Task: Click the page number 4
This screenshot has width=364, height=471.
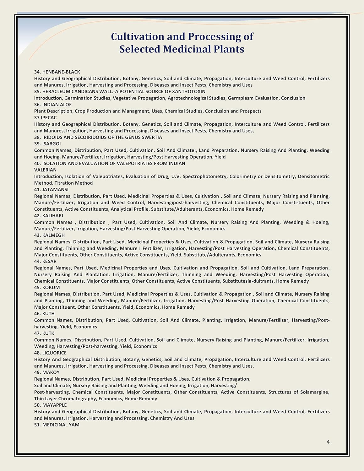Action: click(328, 442)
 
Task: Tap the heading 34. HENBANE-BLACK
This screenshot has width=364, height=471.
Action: click(57, 72)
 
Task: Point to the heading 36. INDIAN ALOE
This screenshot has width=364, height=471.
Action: click(53, 105)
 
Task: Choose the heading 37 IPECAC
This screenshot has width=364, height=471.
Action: click(46, 118)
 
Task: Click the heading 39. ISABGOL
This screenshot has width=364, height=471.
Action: click(48, 144)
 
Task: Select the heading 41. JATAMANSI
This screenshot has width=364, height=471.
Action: click(51, 190)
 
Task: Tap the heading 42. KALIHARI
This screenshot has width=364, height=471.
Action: click(49, 216)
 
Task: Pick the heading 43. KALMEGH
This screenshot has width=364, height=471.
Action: click(49, 235)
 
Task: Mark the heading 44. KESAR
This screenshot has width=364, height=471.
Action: click(46, 261)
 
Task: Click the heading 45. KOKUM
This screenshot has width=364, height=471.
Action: click(47, 287)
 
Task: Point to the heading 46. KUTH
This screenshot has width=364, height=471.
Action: click(44, 313)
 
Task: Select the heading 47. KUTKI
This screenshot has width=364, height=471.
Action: click(45, 333)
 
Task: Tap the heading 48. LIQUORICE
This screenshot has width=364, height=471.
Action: click(50, 353)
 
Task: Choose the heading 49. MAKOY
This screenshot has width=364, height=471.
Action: click(47, 372)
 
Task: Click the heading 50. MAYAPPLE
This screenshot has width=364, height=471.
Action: click(50, 405)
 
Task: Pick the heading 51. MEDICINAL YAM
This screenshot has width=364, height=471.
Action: click(57, 425)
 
